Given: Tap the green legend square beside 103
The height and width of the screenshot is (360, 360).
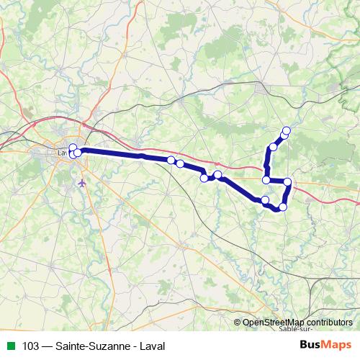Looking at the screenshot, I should (x=9, y=346).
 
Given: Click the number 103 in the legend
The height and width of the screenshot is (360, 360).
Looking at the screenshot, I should (x=31, y=346).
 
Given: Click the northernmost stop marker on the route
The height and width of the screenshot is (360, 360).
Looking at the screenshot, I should (x=287, y=130).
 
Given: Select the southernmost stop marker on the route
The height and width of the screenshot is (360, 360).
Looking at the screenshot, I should (x=282, y=207).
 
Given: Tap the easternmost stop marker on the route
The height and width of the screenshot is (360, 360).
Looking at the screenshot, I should (x=288, y=182).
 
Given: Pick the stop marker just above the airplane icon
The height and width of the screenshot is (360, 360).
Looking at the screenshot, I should (x=76, y=152).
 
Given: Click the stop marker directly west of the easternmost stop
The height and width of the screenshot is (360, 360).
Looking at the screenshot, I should (x=266, y=179).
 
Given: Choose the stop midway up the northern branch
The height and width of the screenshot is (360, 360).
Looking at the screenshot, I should (x=272, y=148).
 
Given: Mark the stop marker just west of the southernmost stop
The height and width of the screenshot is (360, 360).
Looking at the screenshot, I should (x=265, y=199).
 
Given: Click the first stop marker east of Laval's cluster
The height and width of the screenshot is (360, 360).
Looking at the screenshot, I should (x=171, y=160).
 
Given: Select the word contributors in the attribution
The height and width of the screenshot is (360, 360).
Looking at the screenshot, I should (x=330, y=323).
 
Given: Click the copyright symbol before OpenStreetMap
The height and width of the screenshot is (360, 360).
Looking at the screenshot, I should (x=238, y=323).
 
